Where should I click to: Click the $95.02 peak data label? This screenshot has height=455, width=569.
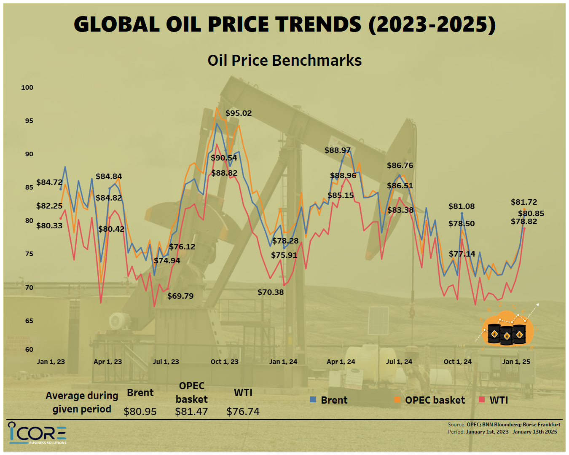pyautogui.click(x=239, y=113)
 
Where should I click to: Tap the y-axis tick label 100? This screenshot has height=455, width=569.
pyautogui.click(x=27, y=88)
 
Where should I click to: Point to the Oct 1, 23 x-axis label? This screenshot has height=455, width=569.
pyautogui.click(x=224, y=362)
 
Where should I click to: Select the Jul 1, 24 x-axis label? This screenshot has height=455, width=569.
pyautogui.click(x=399, y=362)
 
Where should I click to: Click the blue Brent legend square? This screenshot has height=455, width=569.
pyautogui.click(x=313, y=399)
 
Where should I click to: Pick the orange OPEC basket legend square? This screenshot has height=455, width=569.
pyautogui.click(x=397, y=399)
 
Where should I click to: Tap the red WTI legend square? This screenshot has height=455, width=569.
pyautogui.click(x=482, y=399)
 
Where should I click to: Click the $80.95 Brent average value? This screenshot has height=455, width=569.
pyautogui.click(x=140, y=412)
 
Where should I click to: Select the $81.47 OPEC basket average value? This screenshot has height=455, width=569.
pyautogui.click(x=191, y=412)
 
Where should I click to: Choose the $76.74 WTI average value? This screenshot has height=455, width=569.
pyautogui.click(x=243, y=412)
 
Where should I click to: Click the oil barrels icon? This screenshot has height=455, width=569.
pyautogui.click(x=507, y=329)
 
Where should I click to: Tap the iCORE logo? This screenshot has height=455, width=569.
pyautogui.click(x=37, y=433)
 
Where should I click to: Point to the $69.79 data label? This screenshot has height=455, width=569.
pyautogui.click(x=180, y=296)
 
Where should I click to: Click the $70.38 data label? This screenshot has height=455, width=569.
pyautogui.click(x=271, y=292)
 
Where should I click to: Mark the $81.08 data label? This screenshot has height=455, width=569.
pyautogui.click(x=461, y=206)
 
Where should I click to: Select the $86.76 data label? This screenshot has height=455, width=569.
pyautogui.click(x=400, y=166)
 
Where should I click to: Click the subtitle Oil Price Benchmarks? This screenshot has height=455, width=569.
pyautogui.click(x=284, y=61)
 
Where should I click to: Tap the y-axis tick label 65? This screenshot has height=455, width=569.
pyautogui.click(x=29, y=321)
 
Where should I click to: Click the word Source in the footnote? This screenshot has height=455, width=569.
pyautogui.click(x=456, y=425)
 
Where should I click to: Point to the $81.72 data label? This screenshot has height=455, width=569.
pyautogui.click(x=524, y=202)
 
